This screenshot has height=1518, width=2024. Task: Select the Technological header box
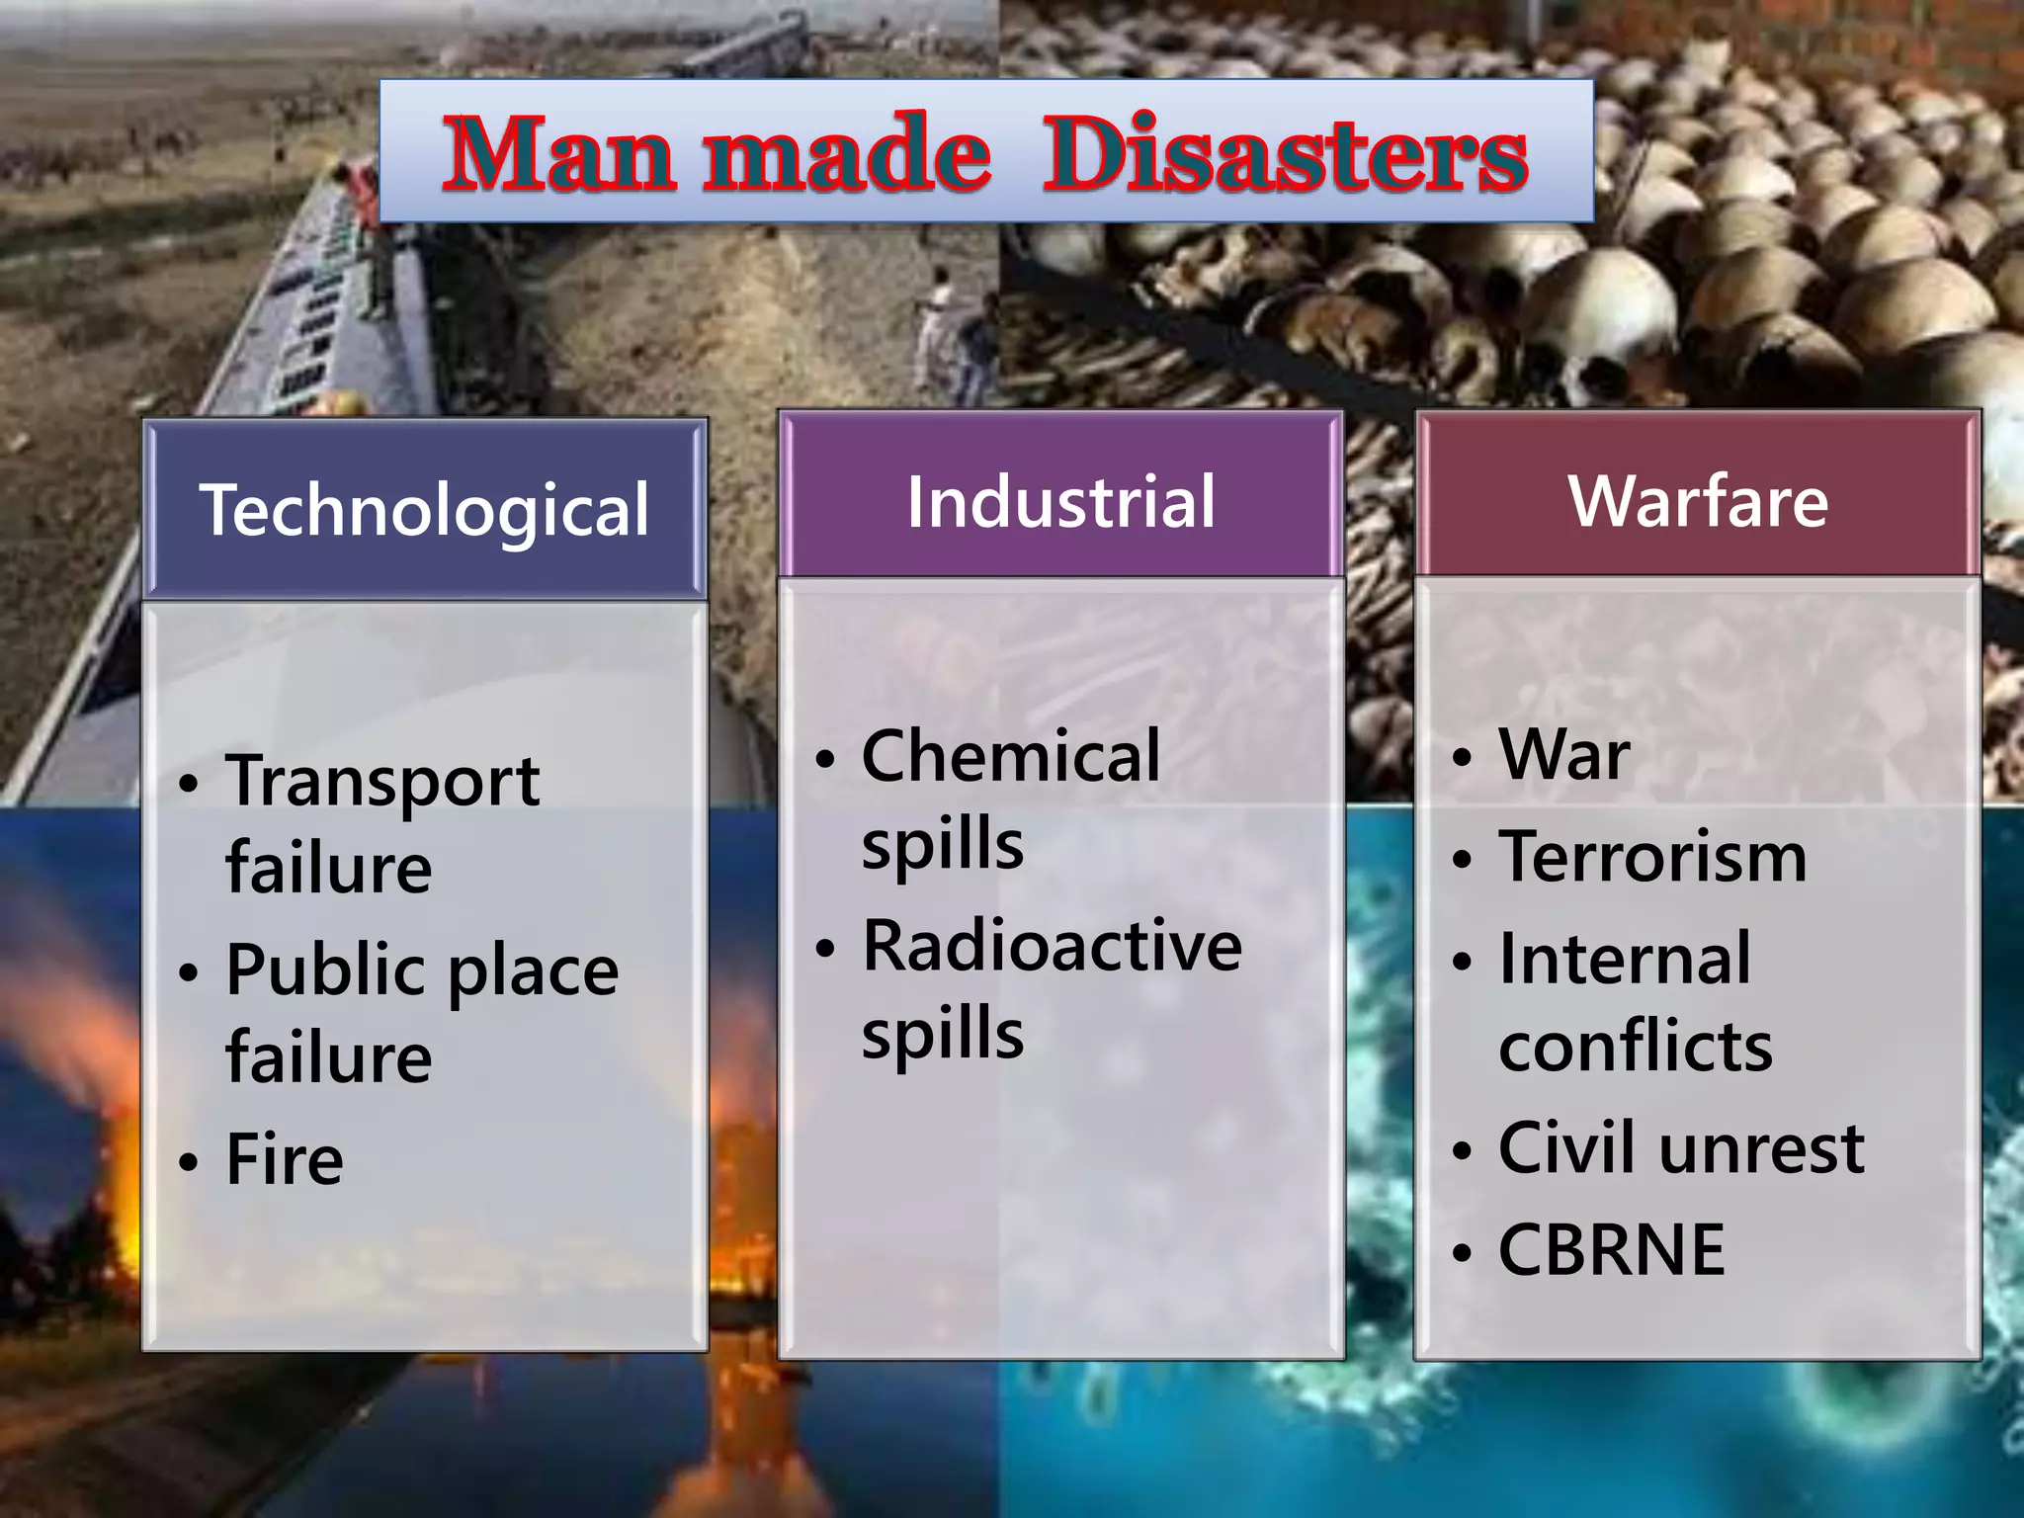(x=425, y=510)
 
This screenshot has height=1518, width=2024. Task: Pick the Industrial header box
(x=1060, y=501)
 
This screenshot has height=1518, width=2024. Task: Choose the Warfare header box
(x=1698, y=501)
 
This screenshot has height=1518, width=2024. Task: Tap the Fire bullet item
(x=285, y=1159)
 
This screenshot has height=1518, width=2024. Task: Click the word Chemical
(x=1011, y=756)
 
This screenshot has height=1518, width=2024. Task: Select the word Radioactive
(x=1052, y=946)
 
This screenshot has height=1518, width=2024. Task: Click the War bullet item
(x=1564, y=755)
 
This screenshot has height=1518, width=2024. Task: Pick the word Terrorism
(x=1652, y=856)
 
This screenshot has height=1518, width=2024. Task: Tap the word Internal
(x=1625, y=959)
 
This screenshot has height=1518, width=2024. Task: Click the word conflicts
(x=1636, y=1046)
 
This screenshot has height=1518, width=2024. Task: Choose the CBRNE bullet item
(x=1612, y=1250)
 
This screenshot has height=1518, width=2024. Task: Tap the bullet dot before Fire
(x=188, y=1162)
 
